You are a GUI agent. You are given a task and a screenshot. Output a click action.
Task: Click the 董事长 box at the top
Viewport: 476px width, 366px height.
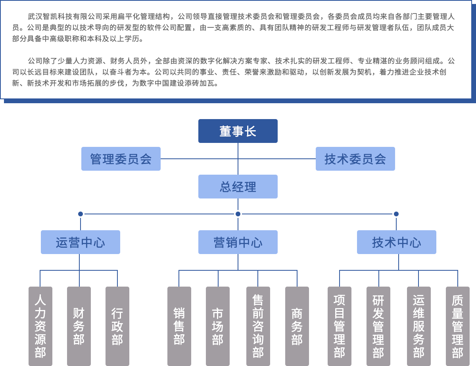pos(238,131)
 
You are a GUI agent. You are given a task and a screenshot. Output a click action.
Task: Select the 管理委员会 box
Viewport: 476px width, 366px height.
pos(121,159)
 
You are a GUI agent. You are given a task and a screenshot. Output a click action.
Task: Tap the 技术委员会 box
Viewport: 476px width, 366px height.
pos(355,159)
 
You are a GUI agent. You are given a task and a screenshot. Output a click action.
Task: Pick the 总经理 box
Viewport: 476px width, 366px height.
pos(238,187)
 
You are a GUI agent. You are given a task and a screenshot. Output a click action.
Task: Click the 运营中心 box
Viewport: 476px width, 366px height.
pos(81,242)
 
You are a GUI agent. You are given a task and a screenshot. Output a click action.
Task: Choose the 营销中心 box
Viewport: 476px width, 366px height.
pos(238,242)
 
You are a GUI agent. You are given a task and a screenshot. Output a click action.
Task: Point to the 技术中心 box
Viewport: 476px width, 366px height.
pos(397,242)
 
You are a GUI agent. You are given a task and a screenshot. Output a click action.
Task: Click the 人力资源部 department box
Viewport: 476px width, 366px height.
pos(40,326)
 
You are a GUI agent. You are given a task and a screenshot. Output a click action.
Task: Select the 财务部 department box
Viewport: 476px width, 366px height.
pos(79,326)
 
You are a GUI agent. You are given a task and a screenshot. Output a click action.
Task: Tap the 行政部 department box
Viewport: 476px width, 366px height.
pos(117,326)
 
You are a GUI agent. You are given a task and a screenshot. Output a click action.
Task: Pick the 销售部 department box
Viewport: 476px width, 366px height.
pos(179,326)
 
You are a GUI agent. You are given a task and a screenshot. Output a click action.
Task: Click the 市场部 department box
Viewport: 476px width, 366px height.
pos(218,326)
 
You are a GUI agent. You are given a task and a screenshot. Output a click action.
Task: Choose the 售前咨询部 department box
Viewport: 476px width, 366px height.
pos(258,326)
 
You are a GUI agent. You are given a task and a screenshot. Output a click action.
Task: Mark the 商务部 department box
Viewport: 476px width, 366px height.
pos(297,326)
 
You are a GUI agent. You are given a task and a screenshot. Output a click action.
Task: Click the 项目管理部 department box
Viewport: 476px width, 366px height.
pos(340,326)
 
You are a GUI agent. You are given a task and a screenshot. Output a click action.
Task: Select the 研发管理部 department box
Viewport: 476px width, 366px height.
pos(378,326)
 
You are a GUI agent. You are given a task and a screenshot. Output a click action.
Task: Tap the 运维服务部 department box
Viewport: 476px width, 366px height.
pos(419,326)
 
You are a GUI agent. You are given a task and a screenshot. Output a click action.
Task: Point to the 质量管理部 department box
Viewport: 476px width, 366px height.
pos(458,326)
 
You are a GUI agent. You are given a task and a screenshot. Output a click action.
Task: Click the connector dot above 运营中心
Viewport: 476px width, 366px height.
pos(81,214)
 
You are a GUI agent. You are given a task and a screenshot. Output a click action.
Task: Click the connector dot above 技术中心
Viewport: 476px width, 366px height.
pos(396,214)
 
